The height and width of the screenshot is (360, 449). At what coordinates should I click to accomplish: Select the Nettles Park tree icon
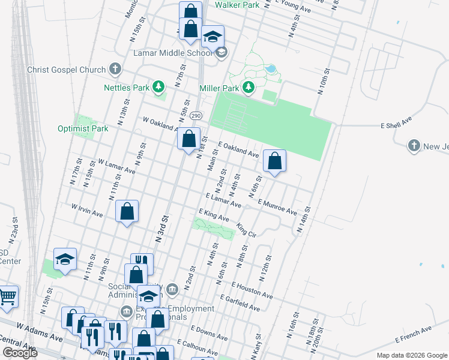159,88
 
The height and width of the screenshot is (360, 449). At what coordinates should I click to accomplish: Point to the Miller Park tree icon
249,88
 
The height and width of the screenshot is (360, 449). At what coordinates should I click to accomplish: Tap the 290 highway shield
196,115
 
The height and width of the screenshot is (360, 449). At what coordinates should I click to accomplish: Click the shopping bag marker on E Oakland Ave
274,161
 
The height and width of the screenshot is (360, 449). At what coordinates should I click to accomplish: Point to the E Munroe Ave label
277,208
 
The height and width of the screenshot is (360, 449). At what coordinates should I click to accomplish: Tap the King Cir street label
247,230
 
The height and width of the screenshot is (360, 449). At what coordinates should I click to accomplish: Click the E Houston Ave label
251,292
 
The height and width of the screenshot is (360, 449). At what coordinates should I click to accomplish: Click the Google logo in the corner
20,353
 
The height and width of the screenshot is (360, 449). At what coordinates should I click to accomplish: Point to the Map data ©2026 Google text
411,355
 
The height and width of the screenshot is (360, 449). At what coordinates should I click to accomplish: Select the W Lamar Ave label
116,166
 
